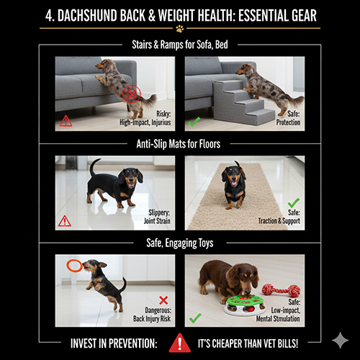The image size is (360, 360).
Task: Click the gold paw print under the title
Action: pos(180,29)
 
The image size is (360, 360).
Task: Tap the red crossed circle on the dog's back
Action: pos(131,94)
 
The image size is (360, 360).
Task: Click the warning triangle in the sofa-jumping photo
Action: pos(66,121)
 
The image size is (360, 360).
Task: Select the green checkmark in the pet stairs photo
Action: pos(194,122)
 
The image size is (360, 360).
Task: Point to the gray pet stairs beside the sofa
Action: pos(243,102)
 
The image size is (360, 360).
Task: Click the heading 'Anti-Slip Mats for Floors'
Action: pos(179,144)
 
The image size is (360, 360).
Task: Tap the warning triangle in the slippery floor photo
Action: pos(64,221)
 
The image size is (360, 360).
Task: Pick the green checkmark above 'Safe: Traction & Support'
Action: pos(294,203)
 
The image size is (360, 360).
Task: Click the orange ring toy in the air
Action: pos(75,266)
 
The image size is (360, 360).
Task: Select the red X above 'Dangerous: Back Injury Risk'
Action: pos(163,300)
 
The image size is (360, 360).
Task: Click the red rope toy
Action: pos(281,290)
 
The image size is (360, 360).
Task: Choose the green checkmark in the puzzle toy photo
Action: pos(195,318)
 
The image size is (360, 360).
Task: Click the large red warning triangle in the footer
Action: pos(180,343)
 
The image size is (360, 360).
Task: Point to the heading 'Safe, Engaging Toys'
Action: pos(180,243)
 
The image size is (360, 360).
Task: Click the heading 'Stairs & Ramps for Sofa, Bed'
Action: pos(180,45)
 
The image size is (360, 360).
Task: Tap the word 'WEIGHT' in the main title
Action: pos(176,16)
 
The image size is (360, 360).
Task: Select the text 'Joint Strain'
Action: pos(157,221)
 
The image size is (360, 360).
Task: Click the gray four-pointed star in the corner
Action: pos(341,341)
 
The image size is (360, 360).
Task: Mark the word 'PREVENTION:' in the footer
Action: pos(132,343)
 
